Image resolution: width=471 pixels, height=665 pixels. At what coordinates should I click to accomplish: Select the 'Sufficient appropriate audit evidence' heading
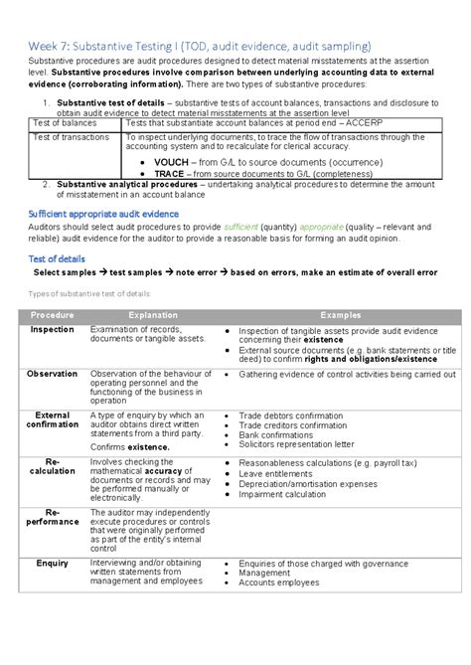pos(104,214)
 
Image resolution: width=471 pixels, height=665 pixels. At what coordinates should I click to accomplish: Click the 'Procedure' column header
pos(52,314)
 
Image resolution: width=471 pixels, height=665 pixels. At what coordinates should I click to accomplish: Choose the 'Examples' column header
pos(340,314)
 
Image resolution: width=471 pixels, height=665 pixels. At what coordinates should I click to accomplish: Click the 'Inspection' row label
pos(52,329)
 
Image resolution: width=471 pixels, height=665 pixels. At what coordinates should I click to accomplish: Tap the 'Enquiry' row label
pos(52,563)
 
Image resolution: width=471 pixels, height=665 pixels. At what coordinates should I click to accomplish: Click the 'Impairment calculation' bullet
pos(282,494)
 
